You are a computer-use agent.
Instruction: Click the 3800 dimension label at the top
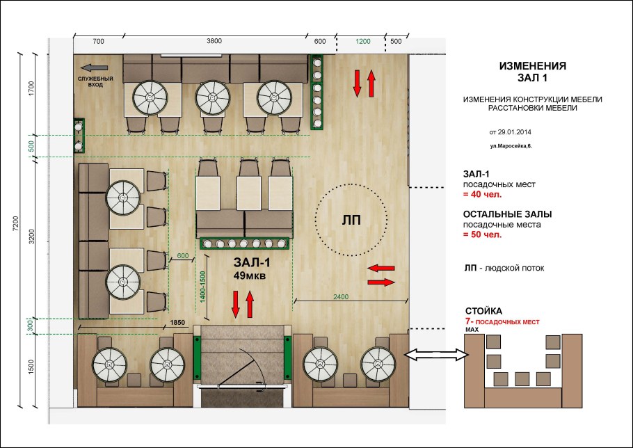click(x=214, y=41)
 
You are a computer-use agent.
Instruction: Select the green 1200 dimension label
click(x=363, y=41)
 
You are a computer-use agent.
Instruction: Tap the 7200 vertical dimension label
click(x=16, y=223)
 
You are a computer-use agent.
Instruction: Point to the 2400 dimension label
click(x=341, y=296)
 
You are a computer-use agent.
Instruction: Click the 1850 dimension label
click(x=177, y=323)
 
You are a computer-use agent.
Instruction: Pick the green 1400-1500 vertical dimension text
click(x=202, y=287)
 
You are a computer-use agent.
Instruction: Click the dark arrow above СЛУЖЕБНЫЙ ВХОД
click(x=94, y=67)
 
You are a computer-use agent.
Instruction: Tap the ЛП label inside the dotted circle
click(x=351, y=220)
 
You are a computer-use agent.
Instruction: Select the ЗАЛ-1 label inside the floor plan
click(x=252, y=262)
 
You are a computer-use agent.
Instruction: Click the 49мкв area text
click(x=250, y=275)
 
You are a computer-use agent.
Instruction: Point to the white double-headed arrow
click(x=436, y=355)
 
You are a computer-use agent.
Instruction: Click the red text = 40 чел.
click(x=483, y=195)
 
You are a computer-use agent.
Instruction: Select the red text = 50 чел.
click(x=483, y=234)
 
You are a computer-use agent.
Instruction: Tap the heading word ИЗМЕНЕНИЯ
click(x=532, y=66)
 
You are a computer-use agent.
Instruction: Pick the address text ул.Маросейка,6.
click(x=511, y=145)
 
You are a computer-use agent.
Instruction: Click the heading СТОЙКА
click(x=483, y=311)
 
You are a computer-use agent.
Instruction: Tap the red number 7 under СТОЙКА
click(x=468, y=321)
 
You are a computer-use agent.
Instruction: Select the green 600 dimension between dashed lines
click(x=182, y=256)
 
